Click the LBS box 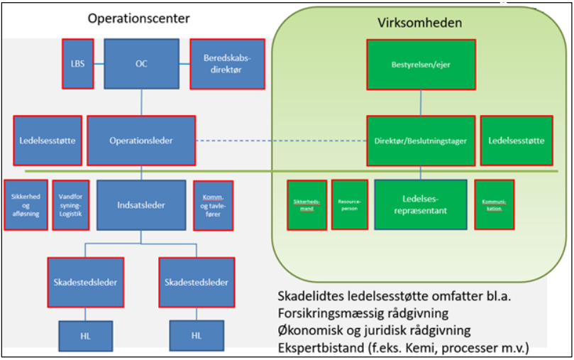[77, 63]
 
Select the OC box [140, 63]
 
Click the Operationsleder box [140, 140]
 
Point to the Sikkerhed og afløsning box [26, 204]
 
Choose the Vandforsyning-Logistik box [71, 204]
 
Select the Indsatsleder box [140, 204]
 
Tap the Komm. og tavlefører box [213, 204]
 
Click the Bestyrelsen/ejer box [421, 64]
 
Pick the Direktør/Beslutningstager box [420, 140]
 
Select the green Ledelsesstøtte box [516, 140]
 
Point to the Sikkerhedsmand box [306, 204]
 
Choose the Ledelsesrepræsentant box [421, 204]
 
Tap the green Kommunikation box [494, 204]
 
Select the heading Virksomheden [419, 23]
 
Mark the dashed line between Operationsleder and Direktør [280, 140]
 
